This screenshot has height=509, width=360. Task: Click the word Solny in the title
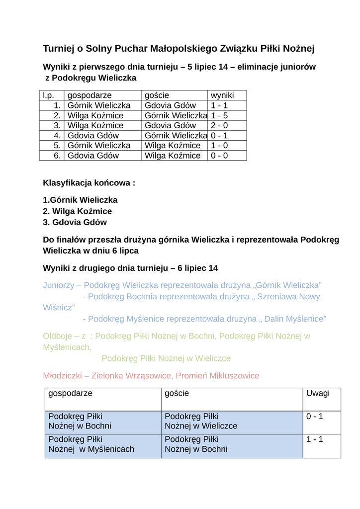click(x=98, y=48)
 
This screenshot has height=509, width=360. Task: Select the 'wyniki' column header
click(x=222, y=95)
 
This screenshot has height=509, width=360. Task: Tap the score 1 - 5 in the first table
click(x=219, y=115)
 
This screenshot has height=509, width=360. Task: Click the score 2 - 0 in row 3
click(x=219, y=125)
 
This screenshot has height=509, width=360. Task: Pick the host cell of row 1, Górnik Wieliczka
click(x=99, y=105)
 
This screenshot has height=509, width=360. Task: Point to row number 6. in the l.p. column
click(x=57, y=156)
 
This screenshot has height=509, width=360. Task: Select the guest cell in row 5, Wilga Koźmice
click(x=173, y=146)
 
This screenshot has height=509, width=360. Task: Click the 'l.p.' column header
click(x=48, y=95)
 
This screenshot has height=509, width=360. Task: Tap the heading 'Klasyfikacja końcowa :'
click(x=89, y=183)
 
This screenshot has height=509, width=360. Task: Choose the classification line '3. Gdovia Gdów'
click(x=75, y=222)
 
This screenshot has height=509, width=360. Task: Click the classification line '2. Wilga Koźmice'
click(x=77, y=211)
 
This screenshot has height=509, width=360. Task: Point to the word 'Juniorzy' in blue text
click(x=58, y=285)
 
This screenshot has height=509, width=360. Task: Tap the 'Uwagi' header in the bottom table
click(x=318, y=393)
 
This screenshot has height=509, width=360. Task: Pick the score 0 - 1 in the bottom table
click(x=314, y=416)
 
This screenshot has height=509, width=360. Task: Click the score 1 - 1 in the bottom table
click(x=314, y=439)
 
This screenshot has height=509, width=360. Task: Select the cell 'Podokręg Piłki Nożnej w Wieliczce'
click(x=201, y=421)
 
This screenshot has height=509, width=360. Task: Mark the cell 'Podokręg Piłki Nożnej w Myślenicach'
click(x=91, y=444)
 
